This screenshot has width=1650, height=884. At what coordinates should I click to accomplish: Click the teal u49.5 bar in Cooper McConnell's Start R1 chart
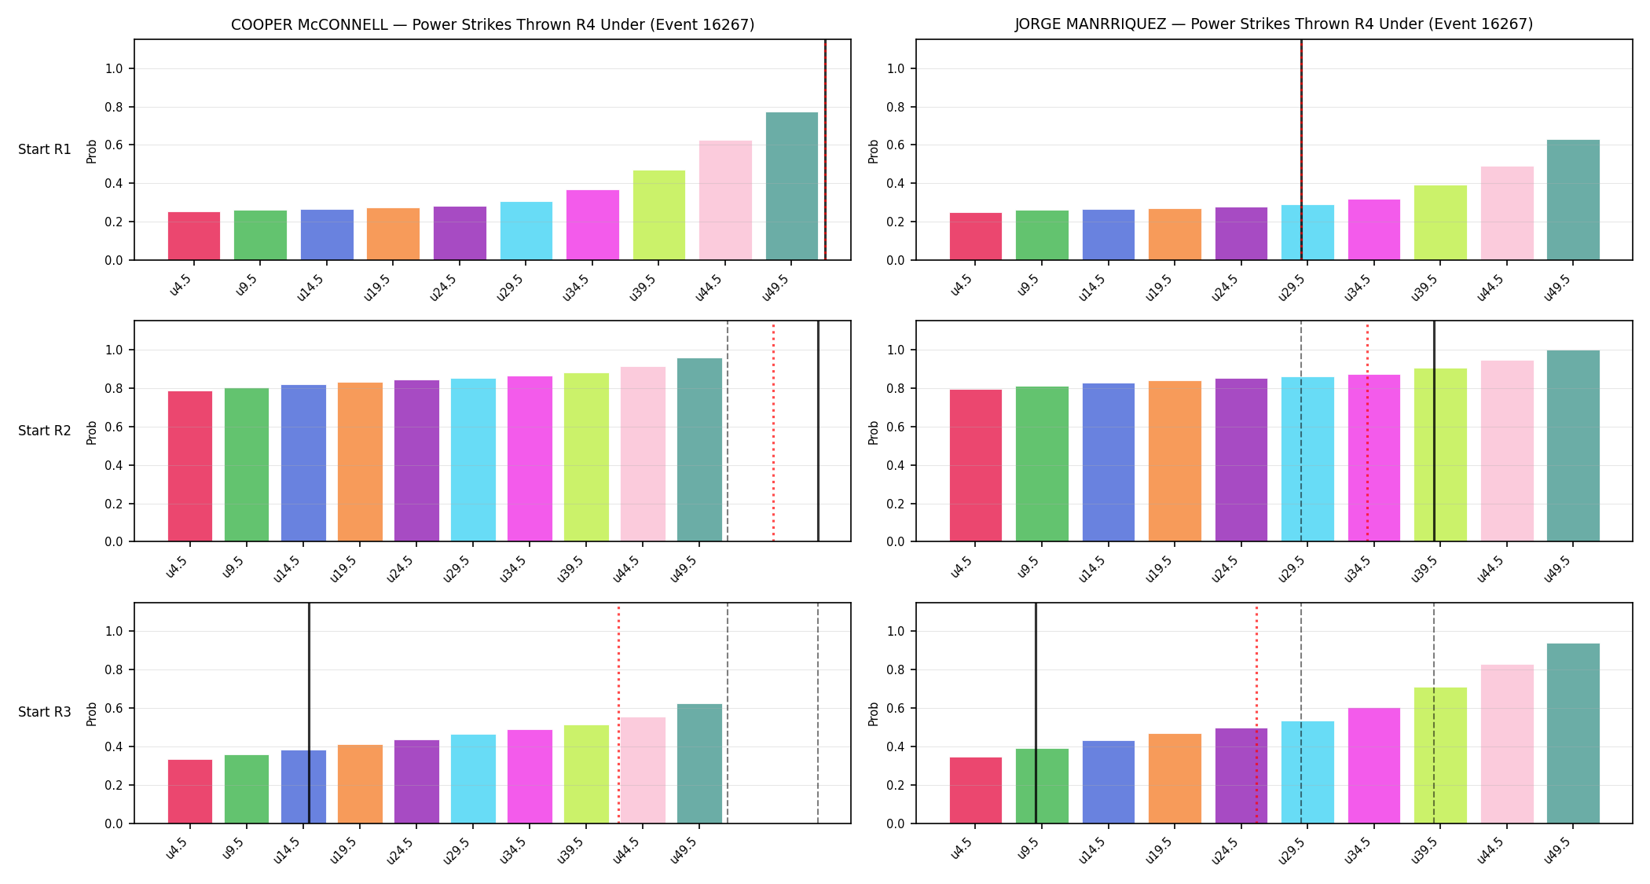(x=791, y=186)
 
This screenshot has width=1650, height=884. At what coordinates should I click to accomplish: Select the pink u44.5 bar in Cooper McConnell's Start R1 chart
(x=725, y=200)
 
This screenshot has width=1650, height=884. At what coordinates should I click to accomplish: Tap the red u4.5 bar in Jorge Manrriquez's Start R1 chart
(x=976, y=237)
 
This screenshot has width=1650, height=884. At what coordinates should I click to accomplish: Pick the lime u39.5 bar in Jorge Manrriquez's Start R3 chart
(x=1440, y=756)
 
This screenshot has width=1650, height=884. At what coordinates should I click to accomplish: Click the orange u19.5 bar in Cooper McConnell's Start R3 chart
(x=360, y=784)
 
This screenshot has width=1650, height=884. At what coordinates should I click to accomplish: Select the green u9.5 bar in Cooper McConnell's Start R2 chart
(x=247, y=465)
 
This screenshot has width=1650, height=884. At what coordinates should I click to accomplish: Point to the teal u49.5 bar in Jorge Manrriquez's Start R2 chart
(x=1573, y=446)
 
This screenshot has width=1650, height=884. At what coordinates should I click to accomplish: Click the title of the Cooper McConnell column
(x=493, y=24)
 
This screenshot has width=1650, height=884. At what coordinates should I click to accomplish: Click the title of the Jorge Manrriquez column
(x=1274, y=24)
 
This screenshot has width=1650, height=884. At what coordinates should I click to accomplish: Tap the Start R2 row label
(x=45, y=431)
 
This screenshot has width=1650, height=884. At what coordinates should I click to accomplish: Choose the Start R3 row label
(x=45, y=712)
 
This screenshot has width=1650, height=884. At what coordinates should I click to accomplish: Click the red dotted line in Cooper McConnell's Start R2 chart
(x=773, y=431)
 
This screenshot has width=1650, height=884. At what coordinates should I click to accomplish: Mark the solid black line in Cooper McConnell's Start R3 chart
(x=309, y=713)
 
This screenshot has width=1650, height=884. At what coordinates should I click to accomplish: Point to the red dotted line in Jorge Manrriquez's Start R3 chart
(x=1256, y=713)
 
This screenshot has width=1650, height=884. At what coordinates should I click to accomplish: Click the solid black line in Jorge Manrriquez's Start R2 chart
(x=1434, y=431)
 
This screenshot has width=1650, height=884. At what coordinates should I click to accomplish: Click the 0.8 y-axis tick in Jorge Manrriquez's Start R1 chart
(x=896, y=107)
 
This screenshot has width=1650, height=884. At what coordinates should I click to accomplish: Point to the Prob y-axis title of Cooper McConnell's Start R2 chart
(x=92, y=432)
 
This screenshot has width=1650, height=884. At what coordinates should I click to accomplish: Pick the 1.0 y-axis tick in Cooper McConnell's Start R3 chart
(x=115, y=631)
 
